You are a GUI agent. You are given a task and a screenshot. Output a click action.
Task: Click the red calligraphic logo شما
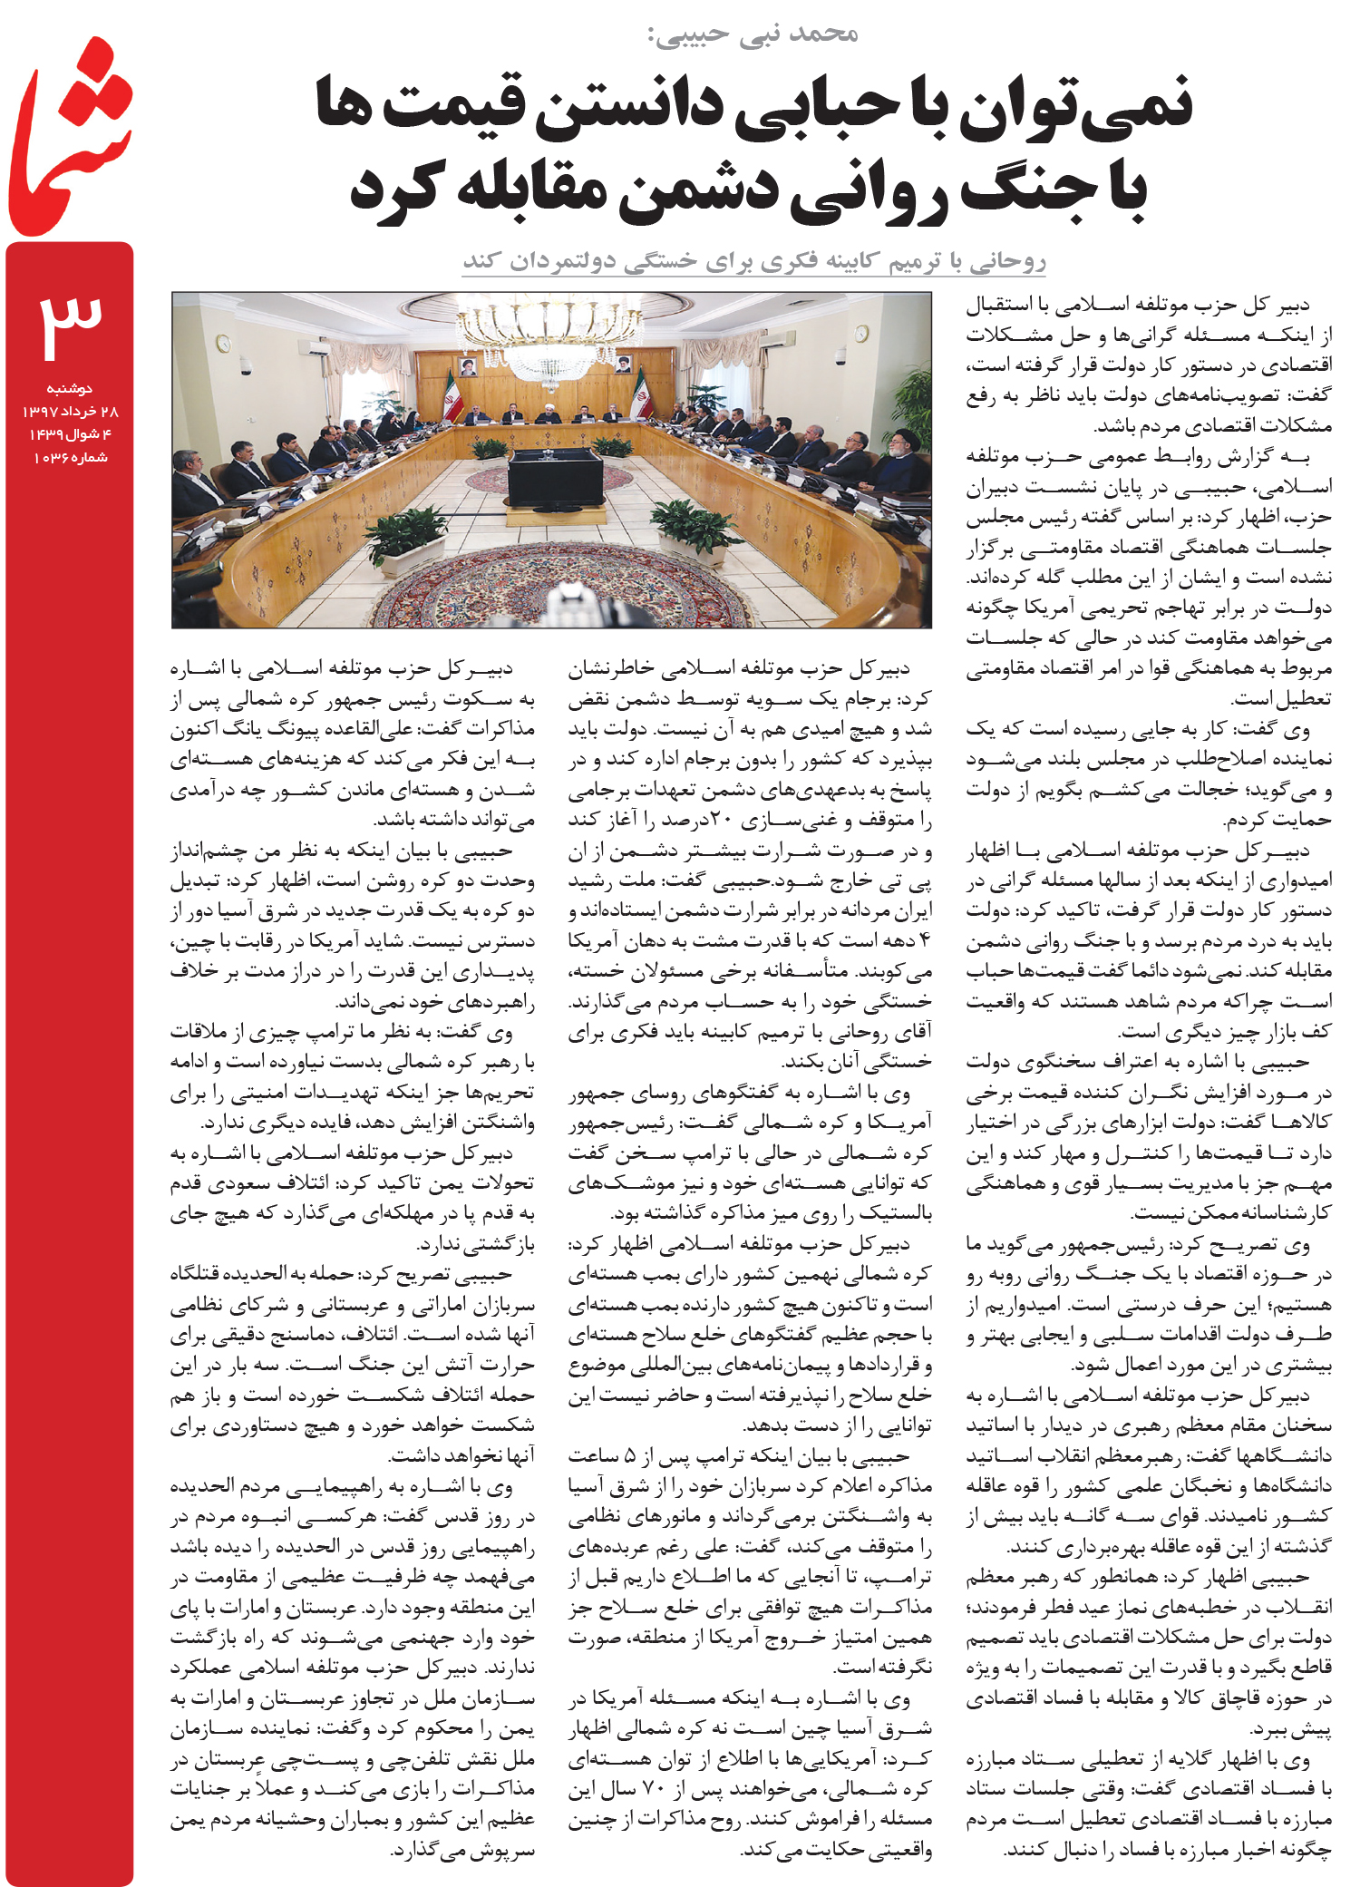point(71,136)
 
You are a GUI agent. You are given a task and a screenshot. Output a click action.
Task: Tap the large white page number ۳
point(71,323)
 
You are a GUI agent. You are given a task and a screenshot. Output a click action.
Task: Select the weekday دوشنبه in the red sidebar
point(70,388)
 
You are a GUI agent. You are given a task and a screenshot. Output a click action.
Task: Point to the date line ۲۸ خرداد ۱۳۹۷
point(70,411)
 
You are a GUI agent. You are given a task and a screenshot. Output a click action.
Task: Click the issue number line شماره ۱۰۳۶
point(70,457)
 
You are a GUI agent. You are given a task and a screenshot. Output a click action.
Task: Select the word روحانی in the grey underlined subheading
point(1006,262)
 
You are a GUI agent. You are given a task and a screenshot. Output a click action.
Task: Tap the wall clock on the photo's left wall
point(223,343)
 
